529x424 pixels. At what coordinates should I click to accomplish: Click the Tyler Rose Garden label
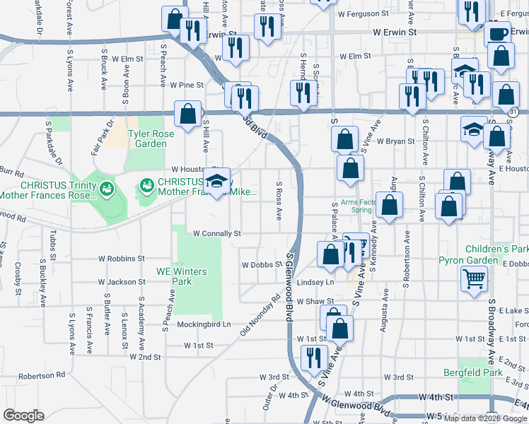pos(147,139)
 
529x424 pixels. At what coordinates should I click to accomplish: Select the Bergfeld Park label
pos(472,372)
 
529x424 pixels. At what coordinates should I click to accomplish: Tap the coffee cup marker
pos(498,33)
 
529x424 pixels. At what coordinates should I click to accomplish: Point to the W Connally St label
pos(217,232)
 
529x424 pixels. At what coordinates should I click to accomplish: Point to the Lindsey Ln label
pos(315,281)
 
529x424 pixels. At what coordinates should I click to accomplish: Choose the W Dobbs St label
pos(262,265)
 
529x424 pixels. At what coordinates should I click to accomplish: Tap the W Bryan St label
pos(395,141)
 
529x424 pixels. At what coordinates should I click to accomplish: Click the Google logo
pos(23,416)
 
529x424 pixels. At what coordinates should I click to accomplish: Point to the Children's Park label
pos(496,249)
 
